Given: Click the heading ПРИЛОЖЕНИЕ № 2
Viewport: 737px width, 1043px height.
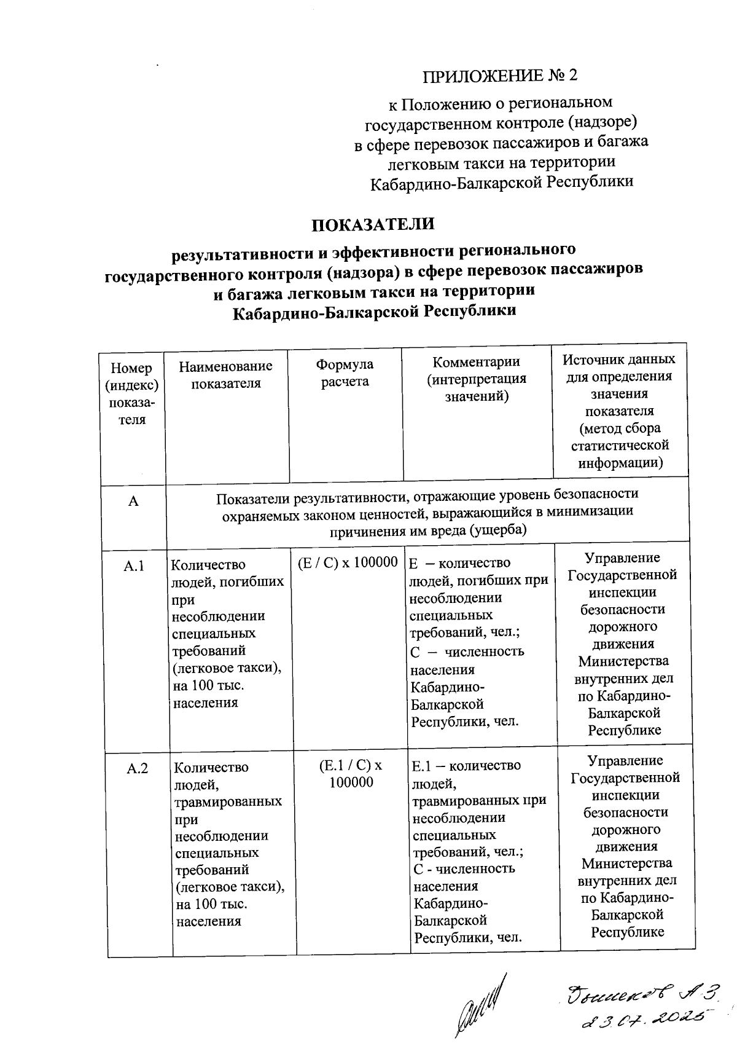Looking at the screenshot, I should pyautogui.click(x=500, y=76).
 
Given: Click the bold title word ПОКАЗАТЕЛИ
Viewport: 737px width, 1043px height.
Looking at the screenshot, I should pyautogui.click(x=373, y=224).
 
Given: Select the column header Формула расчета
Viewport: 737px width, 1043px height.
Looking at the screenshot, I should pyautogui.click(x=345, y=373).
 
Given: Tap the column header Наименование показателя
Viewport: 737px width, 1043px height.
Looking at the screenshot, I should pyautogui.click(x=225, y=374).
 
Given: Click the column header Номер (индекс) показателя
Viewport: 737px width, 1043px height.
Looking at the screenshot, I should pyautogui.click(x=131, y=393).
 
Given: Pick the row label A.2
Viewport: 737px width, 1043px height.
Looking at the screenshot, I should pyautogui.click(x=137, y=768).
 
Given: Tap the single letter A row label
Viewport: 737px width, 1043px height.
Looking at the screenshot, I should pyautogui.click(x=133, y=502).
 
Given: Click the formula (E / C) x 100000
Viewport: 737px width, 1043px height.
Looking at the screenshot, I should pyautogui.click(x=348, y=563).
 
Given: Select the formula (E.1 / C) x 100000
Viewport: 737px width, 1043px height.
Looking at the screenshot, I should pyautogui.click(x=351, y=773).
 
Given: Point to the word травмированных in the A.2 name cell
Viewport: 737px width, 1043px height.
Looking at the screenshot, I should pyautogui.click(x=228, y=801).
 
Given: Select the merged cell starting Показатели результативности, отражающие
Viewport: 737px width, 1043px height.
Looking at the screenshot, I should pyautogui.click(x=427, y=512).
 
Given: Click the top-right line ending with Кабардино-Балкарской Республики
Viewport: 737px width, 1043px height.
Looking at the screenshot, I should pyautogui.click(x=501, y=182).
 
